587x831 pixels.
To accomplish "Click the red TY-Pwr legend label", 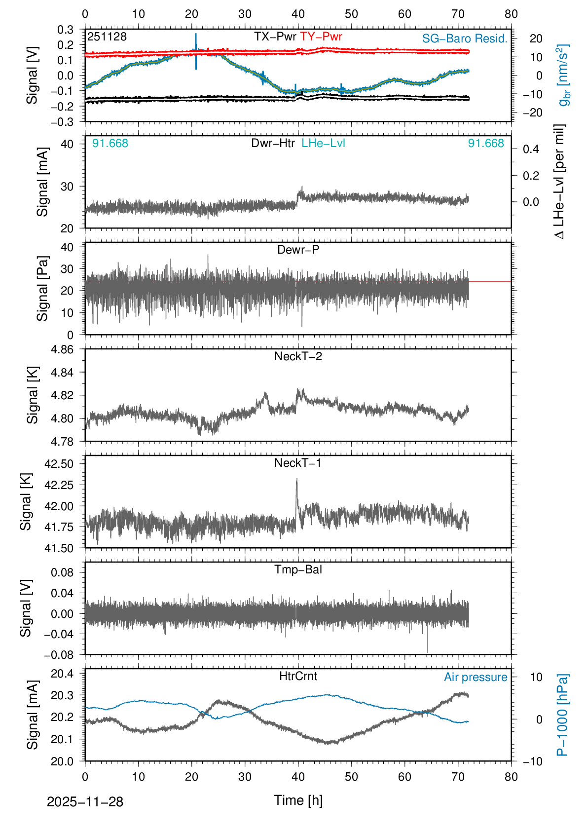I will point(321,37).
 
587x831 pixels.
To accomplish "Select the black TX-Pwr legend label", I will point(275,37).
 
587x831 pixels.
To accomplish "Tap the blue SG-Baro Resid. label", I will point(465,38).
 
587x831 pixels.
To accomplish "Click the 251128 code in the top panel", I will point(107,37).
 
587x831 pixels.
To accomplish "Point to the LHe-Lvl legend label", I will point(323,143).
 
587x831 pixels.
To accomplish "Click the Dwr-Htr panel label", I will point(273,143).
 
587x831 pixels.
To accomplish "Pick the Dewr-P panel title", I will point(298,250).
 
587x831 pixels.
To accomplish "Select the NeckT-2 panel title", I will point(298,356).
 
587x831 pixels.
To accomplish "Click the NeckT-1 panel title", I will point(298,463).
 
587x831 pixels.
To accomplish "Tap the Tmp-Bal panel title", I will point(298,569).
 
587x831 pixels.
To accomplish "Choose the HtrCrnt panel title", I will point(298,676).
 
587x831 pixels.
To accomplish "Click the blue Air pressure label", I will point(476,677).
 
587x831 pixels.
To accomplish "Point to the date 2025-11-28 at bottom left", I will point(85,802).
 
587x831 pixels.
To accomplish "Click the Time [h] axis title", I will point(298,800).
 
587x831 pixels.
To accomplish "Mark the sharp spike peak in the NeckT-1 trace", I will point(296,479).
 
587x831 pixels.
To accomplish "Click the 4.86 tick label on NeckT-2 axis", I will point(62,349).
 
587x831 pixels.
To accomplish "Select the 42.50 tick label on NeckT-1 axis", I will point(59,464).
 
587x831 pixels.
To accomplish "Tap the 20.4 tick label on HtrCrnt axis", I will point(62,674).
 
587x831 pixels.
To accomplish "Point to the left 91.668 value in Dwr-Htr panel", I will point(110,144).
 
